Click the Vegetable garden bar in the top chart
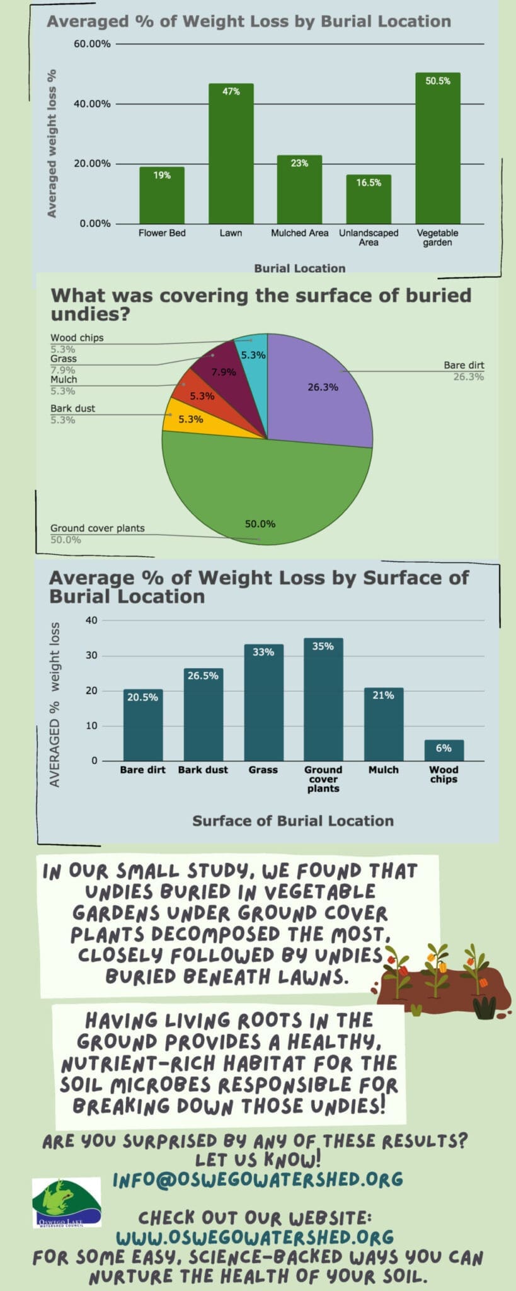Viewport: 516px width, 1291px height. click(x=437, y=151)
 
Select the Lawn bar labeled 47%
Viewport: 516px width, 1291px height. click(x=231, y=158)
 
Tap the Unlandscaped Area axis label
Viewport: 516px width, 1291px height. click(x=369, y=238)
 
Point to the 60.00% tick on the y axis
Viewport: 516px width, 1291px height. click(x=92, y=44)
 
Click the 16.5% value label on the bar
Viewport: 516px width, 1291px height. click(x=369, y=183)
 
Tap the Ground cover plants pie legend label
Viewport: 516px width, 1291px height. click(x=98, y=528)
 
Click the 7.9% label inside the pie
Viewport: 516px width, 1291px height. click(x=223, y=372)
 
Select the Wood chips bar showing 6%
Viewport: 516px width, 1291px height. click(x=444, y=751)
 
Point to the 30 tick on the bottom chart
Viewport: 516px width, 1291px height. click(x=91, y=656)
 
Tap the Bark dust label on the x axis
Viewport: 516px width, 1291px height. click(x=203, y=770)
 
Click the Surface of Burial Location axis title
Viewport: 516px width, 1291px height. click(x=293, y=821)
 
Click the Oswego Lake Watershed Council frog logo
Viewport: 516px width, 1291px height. click(x=67, y=1202)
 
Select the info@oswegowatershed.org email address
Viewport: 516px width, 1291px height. click(x=258, y=1179)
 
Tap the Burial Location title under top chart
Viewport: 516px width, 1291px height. click(x=299, y=268)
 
